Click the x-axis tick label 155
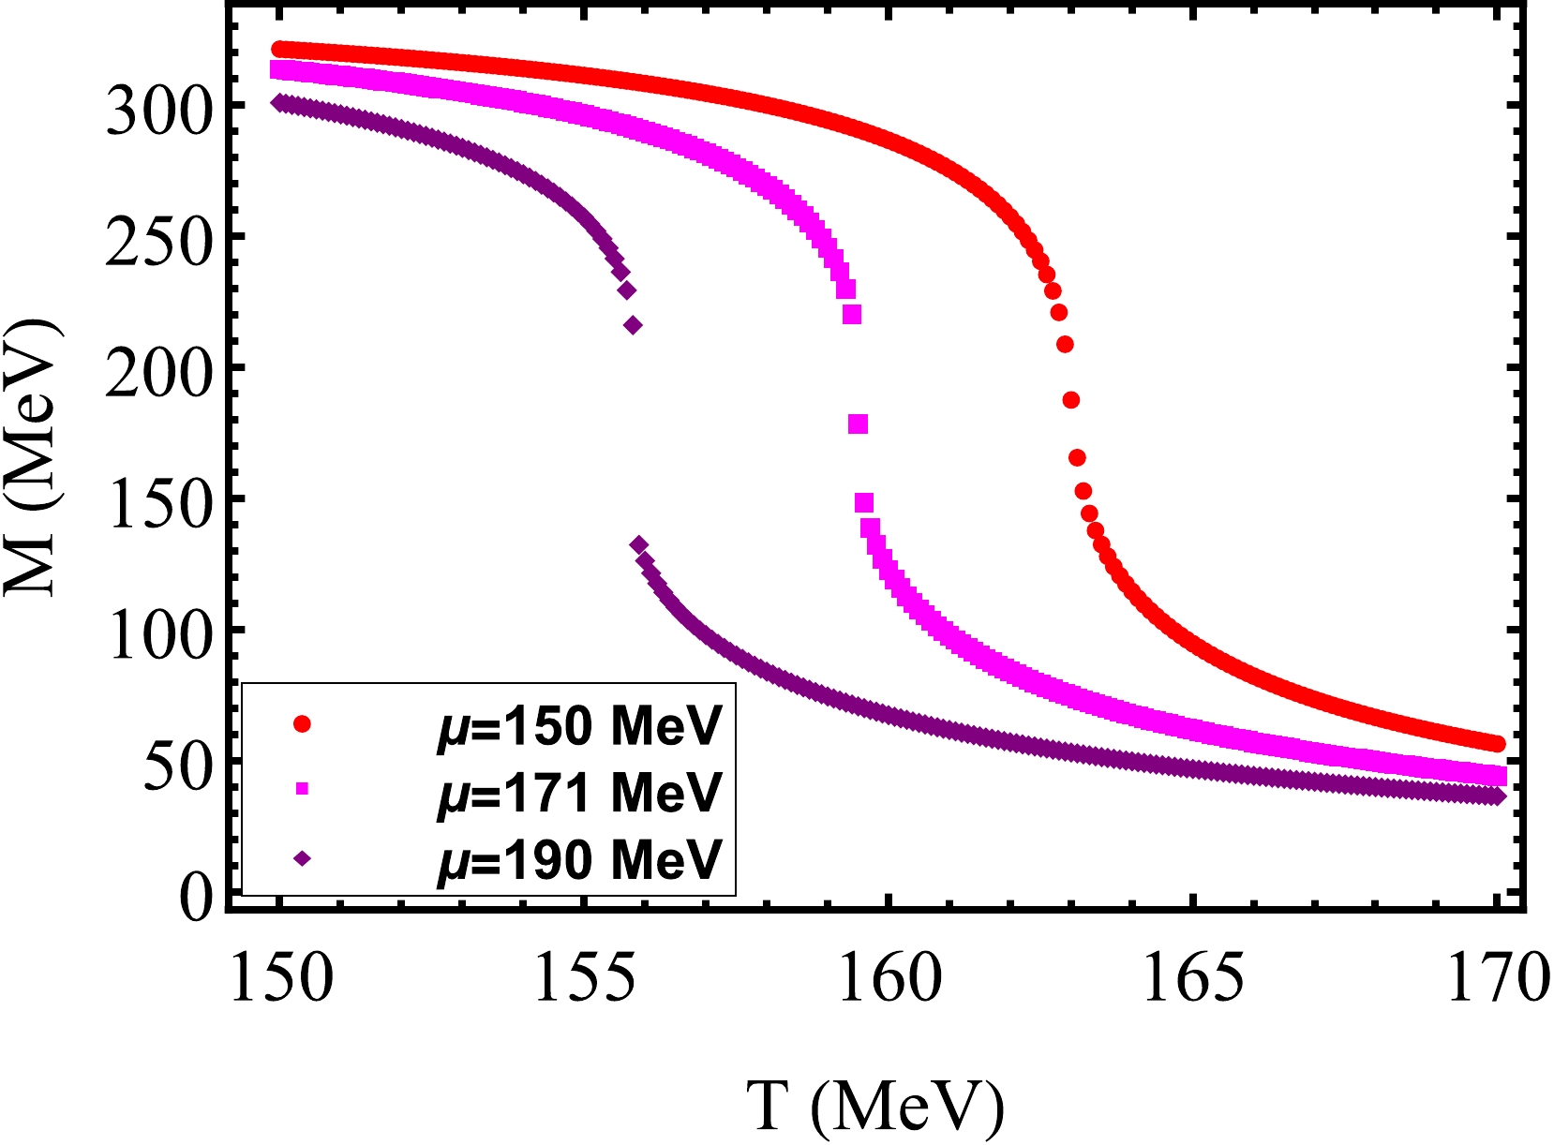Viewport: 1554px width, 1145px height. click(583, 979)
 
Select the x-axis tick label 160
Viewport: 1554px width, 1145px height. click(888, 979)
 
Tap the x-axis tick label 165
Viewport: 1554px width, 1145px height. click(1192, 979)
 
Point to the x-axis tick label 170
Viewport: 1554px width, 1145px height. click(1494, 979)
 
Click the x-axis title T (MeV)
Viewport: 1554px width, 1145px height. click(875, 1107)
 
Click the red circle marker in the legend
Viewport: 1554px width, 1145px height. click(302, 723)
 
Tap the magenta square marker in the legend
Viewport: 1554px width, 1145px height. click(302, 790)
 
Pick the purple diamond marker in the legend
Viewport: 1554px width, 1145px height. click(302, 856)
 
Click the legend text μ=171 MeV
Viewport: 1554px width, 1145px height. click(580, 792)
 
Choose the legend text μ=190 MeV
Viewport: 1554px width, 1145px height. click(580, 858)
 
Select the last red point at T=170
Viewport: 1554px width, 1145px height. click(1497, 744)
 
